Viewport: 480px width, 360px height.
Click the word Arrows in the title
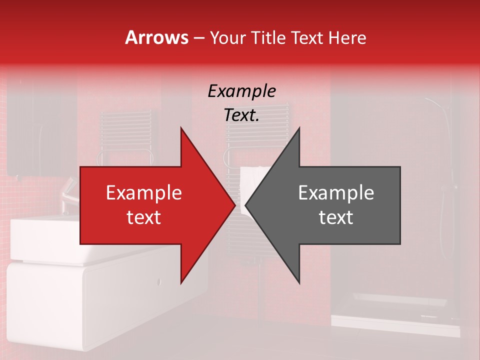(156, 37)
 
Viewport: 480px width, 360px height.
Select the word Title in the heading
(269, 38)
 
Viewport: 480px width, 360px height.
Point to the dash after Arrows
(199, 38)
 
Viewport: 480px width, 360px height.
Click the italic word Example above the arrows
(241, 91)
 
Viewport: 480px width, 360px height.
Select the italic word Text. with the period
(241, 115)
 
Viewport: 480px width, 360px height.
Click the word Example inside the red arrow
(144, 193)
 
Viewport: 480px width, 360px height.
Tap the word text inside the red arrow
(144, 217)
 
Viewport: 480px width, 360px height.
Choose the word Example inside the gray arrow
(336, 193)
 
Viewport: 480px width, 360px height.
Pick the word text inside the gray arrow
(336, 217)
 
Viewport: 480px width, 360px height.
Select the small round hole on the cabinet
(159, 281)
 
